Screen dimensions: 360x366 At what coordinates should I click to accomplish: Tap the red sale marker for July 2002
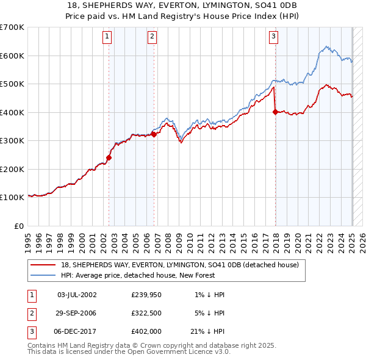coord(109,157)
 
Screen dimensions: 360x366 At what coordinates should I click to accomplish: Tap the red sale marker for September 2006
coord(154,134)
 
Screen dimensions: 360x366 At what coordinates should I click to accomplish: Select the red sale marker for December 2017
coord(275,112)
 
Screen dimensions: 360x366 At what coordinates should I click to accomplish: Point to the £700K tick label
coord(12,27)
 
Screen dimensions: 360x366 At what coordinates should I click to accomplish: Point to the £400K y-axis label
coord(12,112)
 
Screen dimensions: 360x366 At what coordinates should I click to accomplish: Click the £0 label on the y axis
coord(19,226)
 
